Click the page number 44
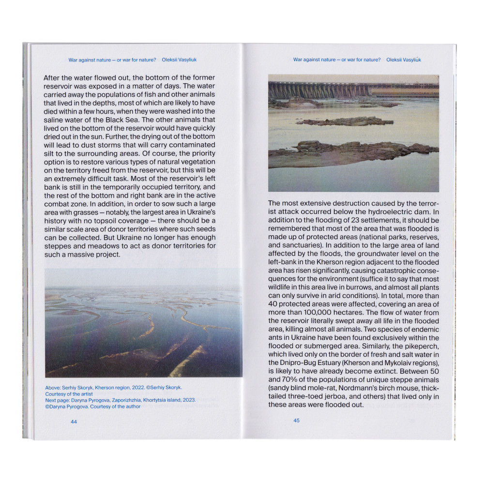coord(74,422)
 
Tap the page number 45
coord(296,421)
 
